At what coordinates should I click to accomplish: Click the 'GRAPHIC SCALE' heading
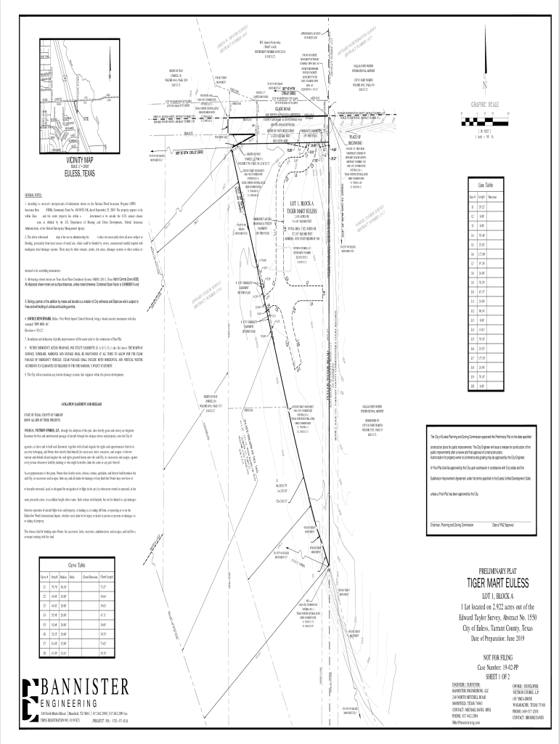click(x=507, y=105)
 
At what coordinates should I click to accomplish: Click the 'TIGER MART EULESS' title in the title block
click(x=494, y=586)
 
